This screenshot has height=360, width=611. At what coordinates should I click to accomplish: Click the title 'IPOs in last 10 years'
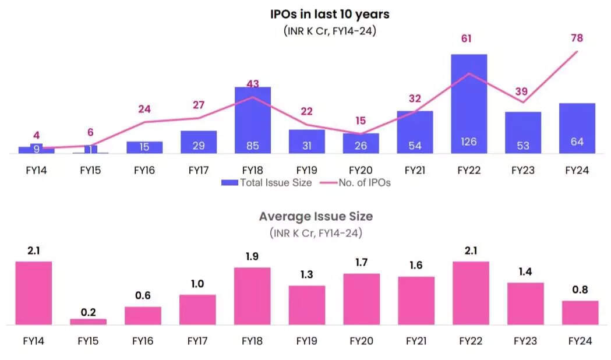click(329, 13)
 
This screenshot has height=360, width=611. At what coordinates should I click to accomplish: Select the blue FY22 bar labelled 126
click(469, 104)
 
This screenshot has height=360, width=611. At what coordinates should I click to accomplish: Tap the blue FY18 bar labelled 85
click(252, 120)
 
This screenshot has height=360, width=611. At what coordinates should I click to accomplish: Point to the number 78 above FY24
click(577, 38)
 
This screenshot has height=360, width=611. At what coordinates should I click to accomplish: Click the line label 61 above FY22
click(465, 39)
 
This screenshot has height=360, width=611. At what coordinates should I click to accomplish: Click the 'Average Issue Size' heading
click(316, 217)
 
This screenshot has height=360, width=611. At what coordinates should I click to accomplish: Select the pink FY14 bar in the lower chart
click(34, 292)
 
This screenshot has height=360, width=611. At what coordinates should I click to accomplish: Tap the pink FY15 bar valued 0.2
click(89, 321)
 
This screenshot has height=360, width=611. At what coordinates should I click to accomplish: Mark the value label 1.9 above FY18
click(253, 257)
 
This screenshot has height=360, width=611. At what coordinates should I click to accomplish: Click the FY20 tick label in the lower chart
click(361, 341)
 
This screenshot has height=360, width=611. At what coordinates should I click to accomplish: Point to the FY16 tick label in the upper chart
click(144, 171)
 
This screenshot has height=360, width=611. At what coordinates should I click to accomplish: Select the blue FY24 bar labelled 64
click(577, 128)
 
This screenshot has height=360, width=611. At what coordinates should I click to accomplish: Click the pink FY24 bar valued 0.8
click(580, 312)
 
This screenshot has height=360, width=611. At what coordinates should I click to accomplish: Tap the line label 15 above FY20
click(361, 121)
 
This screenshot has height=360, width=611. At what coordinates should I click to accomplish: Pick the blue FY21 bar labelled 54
click(415, 132)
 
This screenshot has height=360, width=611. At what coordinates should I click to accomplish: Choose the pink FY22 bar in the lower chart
click(471, 292)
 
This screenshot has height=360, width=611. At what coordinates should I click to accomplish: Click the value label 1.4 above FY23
click(525, 272)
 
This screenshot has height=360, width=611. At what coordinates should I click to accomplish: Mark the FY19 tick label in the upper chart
click(306, 171)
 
